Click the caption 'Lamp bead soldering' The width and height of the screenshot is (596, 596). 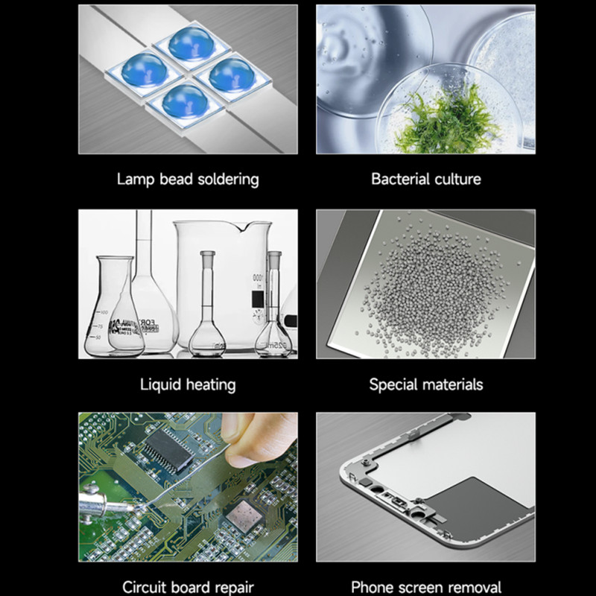click(x=188, y=180)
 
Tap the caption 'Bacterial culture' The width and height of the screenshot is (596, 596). click(x=426, y=179)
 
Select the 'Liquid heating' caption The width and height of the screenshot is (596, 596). click(x=188, y=384)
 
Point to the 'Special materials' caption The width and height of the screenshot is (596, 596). click(x=426, y=384)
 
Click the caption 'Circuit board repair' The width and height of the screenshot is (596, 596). click(x=188, y=587)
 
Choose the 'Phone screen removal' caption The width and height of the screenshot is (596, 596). click(x=426, y=587)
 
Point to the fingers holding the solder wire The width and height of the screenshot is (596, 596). click(x=259, y=439)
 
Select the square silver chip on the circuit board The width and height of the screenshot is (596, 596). click(x=244, y=516)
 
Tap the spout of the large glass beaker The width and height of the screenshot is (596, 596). click(x=241, y=227)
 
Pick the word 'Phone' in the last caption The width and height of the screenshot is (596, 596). click(x=373, y=587)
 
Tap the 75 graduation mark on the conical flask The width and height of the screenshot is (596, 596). click(x=100, y=326)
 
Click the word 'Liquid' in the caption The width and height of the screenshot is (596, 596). click(x=160, y=384)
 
